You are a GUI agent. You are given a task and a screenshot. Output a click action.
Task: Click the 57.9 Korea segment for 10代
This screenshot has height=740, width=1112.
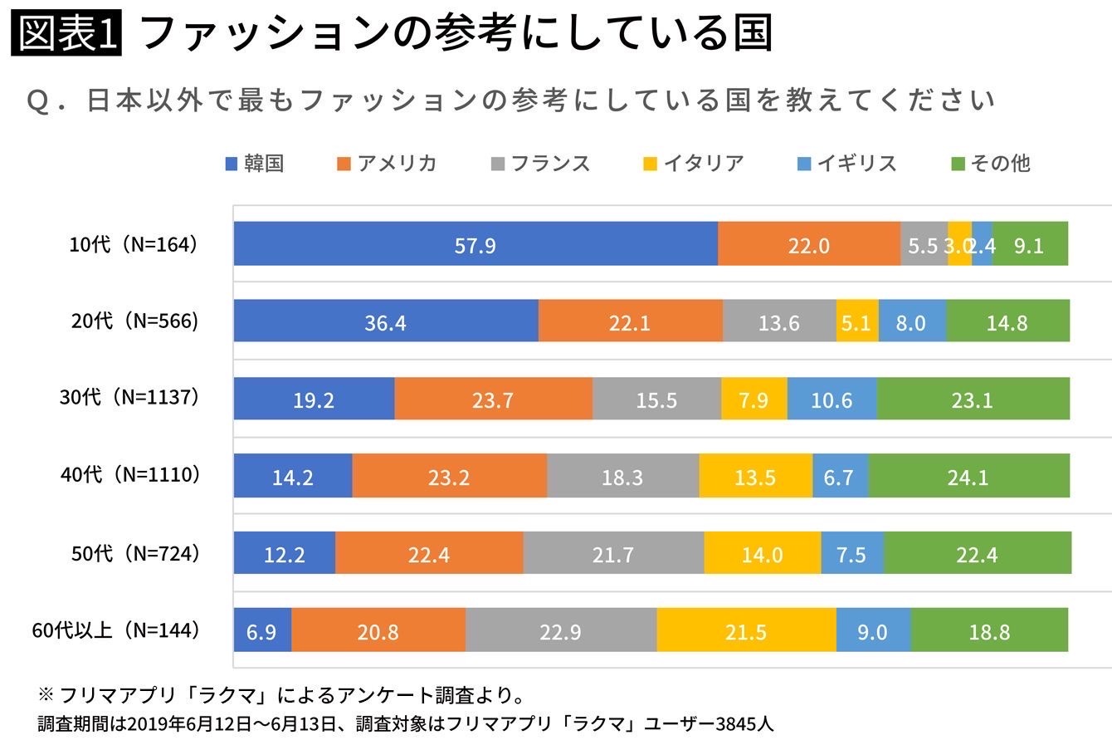coord(476,245)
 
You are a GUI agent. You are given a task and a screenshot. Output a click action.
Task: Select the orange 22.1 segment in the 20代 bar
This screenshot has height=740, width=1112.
coord(630,322)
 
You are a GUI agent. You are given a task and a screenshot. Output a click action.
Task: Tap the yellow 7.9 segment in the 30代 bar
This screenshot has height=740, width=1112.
coord(754,400)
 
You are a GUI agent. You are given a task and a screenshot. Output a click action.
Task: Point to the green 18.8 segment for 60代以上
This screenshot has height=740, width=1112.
coord(989,632)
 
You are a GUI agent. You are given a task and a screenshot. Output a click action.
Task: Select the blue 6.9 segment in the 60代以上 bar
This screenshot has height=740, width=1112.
coord(262,632)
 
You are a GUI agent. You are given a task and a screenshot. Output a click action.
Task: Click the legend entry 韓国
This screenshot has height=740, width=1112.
coord(255,164)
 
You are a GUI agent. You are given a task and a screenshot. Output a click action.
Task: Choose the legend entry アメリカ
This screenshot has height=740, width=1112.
coord(388,164)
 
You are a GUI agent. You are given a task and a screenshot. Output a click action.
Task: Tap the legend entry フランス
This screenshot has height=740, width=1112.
coord(540,164)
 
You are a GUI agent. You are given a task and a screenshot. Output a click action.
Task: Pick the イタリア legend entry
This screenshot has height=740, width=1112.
coord(694,164)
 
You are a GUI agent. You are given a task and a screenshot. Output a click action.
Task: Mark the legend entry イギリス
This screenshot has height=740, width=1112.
coord(847,164)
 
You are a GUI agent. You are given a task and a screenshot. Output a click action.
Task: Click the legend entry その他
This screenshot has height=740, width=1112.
coord(991,164)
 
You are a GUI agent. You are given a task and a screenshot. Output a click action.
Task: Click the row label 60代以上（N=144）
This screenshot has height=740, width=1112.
coord(116,631)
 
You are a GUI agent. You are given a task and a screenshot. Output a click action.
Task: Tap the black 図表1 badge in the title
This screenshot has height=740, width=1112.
coord(66,35)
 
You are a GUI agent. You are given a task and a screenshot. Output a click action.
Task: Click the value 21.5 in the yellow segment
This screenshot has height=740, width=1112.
coord(745,632)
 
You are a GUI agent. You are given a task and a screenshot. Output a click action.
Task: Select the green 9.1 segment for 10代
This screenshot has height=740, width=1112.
coord(1029,245)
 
